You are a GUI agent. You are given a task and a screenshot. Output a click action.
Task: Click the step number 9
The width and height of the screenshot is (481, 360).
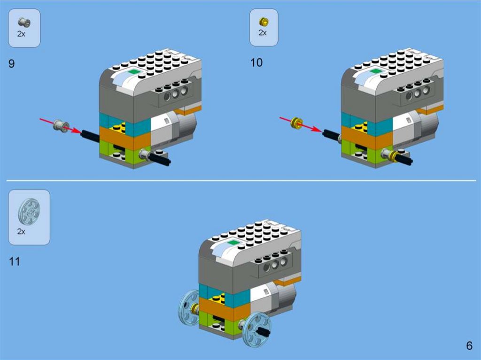pyautogui.click(x=11, y=63)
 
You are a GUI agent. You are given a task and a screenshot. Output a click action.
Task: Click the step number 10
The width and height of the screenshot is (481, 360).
pyautogui.click(x=256, y=62)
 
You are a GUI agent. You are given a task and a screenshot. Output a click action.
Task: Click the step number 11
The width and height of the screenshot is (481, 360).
pyautogui.click(x=15, y=261)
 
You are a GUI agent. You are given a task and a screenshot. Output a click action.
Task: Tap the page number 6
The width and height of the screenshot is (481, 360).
pyautogui.click(x=469, y=345)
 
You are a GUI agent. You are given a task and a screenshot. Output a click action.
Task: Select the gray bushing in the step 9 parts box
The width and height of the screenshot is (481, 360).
pyautogui.click(x=24, y=23)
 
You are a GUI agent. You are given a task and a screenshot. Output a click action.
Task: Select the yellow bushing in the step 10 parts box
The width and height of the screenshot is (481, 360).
pyautogui.click(x=264, y=22)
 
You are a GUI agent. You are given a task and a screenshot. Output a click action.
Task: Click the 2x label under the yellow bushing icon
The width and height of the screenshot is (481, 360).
pyautogui.click(x=263, y=32)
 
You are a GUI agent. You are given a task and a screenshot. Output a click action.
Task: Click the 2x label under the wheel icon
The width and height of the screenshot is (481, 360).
pyautogui.click(x=21, y=231)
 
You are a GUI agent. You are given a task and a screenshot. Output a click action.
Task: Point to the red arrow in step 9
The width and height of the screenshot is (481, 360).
pyautogui.click(x=61, y=126)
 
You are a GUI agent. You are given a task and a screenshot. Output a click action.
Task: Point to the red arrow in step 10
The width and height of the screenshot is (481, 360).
pyautogui.click(x=301, y=124)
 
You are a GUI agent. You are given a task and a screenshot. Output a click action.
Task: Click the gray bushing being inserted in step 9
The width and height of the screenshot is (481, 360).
pyautogui.click(x=61, y=126)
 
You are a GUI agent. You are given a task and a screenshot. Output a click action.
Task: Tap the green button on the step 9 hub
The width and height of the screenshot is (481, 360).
pyautogui.click(x=133, y=72)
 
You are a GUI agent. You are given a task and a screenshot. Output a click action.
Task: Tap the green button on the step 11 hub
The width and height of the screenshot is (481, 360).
pyautogui.click(x=233, y=243)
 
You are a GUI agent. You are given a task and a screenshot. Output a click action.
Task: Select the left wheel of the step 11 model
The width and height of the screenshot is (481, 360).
pyautogui.click(x=189, y=307)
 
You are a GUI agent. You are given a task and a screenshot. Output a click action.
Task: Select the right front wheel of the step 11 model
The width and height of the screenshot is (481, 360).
pyautogui.click(x=259, y=329)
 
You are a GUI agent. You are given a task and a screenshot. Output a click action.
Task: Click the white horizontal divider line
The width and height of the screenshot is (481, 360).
pyautogui.click(x=241, y=181)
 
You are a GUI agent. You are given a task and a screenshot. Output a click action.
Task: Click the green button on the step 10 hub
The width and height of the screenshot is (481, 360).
pyautogui.click(x=375, y=71)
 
